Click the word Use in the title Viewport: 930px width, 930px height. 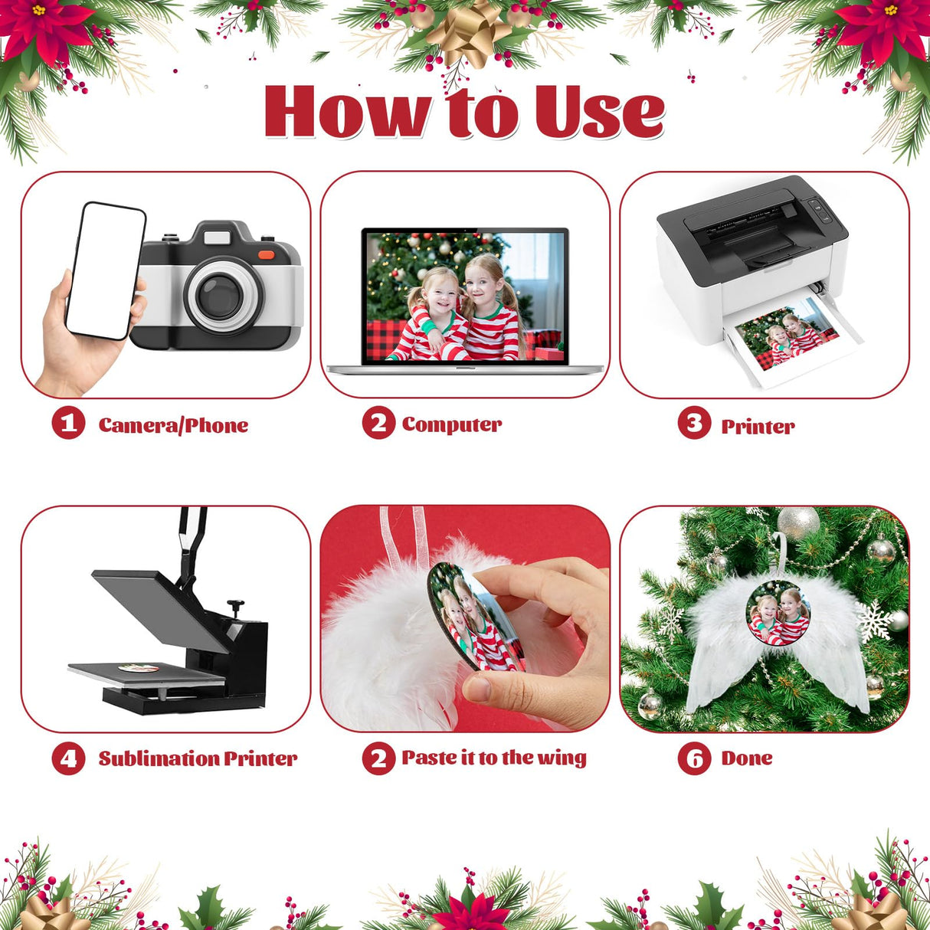click(600, 111)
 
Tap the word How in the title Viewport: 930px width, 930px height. click(348, 112)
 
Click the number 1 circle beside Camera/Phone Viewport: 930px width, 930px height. click(68, 422)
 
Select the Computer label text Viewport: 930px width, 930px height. click(452, 424)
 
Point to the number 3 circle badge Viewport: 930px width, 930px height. click(695, 422)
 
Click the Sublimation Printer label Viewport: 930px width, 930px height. click(198, 758)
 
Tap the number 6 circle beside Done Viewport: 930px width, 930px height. click(695, 758)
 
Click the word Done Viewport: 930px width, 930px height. click(747, 758)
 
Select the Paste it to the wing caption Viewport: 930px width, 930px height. click(493, 758)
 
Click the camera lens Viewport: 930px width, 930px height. click(220, 296)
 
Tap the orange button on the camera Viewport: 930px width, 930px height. click(267, 254)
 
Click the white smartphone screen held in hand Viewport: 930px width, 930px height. click(106, 271)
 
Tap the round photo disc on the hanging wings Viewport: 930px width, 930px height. click(778, 612)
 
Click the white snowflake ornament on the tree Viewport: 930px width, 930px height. click(874, 622)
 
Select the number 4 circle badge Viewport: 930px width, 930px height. click(68, 758)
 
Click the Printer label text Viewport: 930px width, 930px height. click(758, 426)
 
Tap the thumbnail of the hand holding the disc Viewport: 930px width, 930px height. click(465, 618)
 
